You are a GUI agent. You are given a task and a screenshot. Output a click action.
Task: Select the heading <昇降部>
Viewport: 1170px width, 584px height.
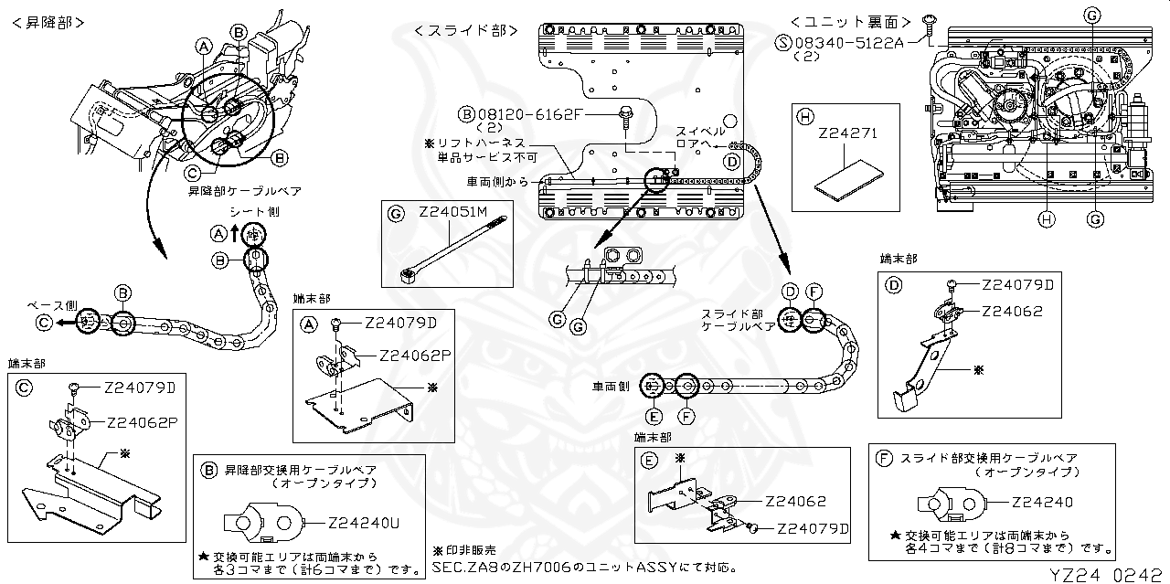point(50,22)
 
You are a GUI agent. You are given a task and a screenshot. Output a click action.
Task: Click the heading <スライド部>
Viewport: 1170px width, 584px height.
point(460,30)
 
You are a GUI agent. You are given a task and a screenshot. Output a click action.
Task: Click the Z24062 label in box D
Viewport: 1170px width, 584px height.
point(1012,311)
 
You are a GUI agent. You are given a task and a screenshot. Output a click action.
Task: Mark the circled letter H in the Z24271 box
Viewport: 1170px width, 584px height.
point(804,116)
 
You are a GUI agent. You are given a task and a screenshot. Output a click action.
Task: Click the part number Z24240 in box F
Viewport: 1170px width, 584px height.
point(1042,502)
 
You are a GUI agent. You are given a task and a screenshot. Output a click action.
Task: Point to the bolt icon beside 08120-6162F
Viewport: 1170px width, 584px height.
point(625,114)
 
